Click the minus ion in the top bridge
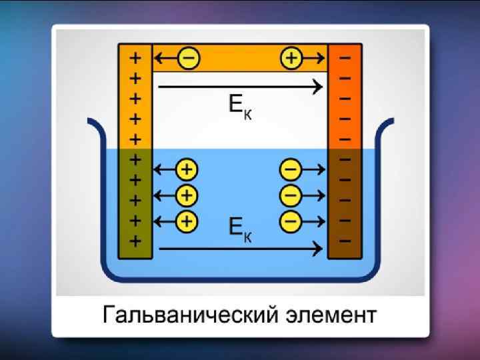(x=189, y=59)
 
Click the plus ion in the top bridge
(x=291, y=59)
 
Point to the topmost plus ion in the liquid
(x=187, y=170)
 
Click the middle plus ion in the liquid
(x=187, y=195)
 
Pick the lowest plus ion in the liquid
(x=187, y=220)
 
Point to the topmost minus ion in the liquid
(x=291, y=170)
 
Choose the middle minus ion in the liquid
(x=291, y=195)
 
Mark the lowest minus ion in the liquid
(x=291, y=220)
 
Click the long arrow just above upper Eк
(x=240, y=85)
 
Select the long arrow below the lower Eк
(x=240, y=249)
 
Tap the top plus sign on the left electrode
(x=135, y=57)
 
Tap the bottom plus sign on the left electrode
(x=135, y=241)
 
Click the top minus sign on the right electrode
(x=345, y=57)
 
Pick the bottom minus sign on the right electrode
(x=345, y=240)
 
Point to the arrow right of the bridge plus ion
(x=314, y=59)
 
